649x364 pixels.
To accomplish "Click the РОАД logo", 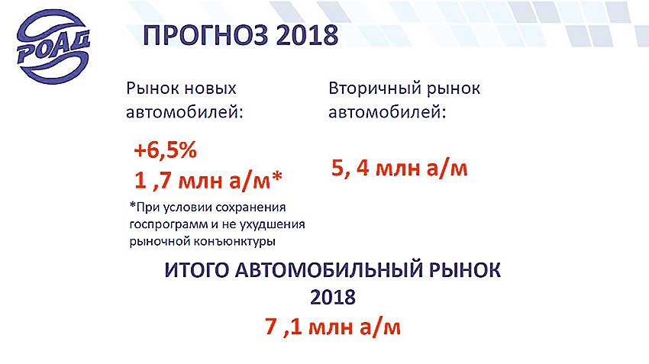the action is pos(53,47).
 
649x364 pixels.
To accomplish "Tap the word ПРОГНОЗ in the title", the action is pos(205,36).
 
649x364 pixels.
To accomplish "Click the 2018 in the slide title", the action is pos(307,36).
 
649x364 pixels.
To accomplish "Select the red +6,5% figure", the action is pos(165,150).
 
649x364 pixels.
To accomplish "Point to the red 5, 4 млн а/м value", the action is pos(399,169).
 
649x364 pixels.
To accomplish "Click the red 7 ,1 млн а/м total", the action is pos(333,327).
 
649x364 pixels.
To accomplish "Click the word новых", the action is pos(210,89).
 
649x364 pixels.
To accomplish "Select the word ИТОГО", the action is pos(196,270).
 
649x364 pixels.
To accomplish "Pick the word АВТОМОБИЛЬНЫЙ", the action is pos(328,270).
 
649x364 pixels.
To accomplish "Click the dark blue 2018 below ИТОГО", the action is pos(333,297).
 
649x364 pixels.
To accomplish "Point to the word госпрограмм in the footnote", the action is pos(169,225).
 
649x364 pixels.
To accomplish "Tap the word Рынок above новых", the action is pos(152,89).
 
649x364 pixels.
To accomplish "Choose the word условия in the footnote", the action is pos(185,208).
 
